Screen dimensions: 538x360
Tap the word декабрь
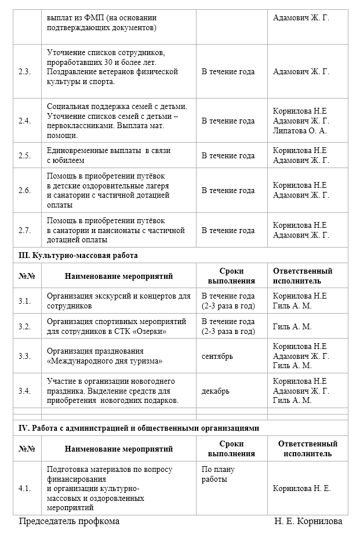click(215, 391)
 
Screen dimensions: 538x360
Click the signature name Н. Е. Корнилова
click(308, 521)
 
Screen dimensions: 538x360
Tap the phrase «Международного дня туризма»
click(104, 361)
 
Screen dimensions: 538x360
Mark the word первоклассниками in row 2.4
click(78, 126)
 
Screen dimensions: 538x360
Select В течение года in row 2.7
click(228, 230)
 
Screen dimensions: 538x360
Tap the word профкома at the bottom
click(100, 521)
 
